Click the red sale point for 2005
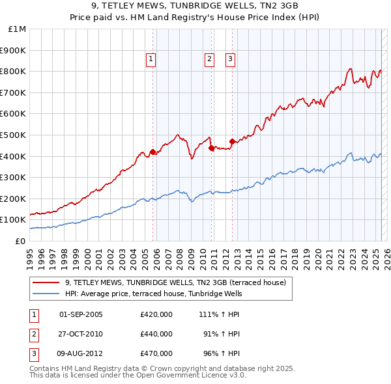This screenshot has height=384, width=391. (x=152, y=152)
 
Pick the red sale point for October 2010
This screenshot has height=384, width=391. (x=212, y=148)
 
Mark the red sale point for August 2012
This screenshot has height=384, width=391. (x=232, y=141)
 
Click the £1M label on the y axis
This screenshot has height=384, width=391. (x=17, y=29)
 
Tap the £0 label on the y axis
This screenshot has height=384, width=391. (x=20, y=241)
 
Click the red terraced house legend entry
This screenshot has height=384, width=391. (x=176, y=282)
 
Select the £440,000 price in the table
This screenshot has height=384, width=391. (x=156, y=334)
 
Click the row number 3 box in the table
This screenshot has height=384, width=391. (x=33, y=353)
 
